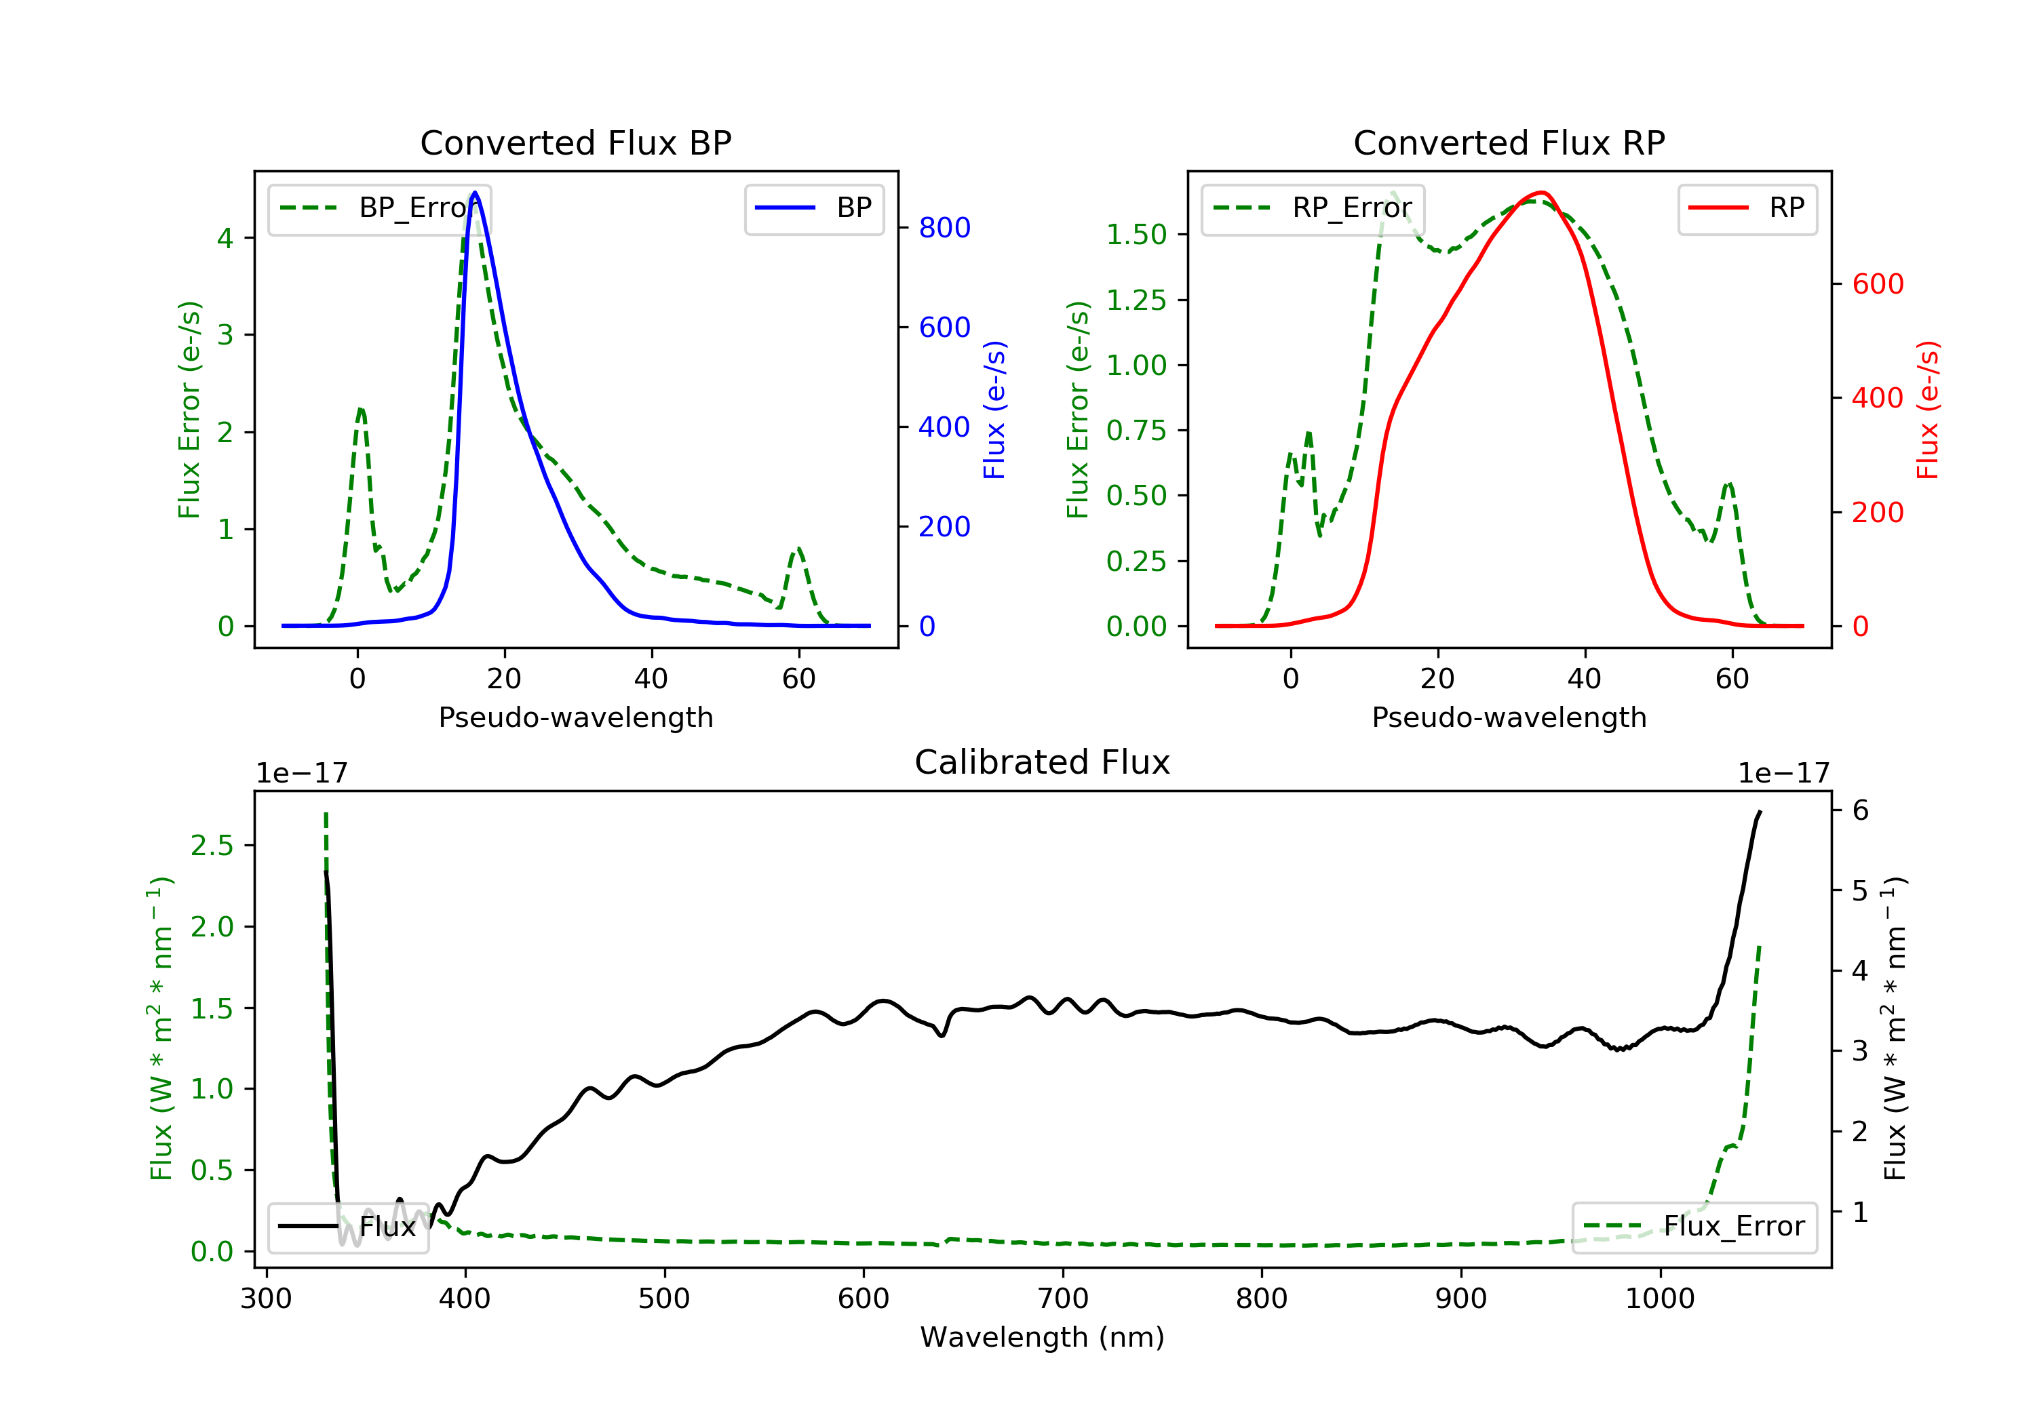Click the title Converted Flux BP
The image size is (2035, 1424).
pos(575,142)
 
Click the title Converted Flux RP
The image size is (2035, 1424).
pos(1509,142)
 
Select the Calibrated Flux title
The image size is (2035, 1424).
pos(1043,762)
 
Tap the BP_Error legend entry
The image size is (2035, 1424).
pos(379,208)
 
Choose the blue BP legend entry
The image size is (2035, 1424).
pos(813,208)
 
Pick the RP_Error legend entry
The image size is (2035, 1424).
pos(1313,208)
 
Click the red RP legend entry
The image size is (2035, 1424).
pos(1747,208)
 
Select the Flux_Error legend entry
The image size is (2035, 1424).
pos(1694,1227)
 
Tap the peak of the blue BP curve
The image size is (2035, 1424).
pos(475,193)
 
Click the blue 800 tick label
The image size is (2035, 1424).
pos(944,228)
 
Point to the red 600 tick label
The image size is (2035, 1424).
pos(1877,284)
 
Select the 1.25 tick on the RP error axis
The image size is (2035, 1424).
pos(1136,300)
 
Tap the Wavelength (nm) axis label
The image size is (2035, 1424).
pos(1043,1337)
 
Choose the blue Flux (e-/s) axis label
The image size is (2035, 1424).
pos(994,410)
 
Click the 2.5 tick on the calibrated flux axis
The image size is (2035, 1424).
pos(212,846)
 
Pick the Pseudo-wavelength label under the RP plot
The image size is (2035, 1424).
pos(1509,717)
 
